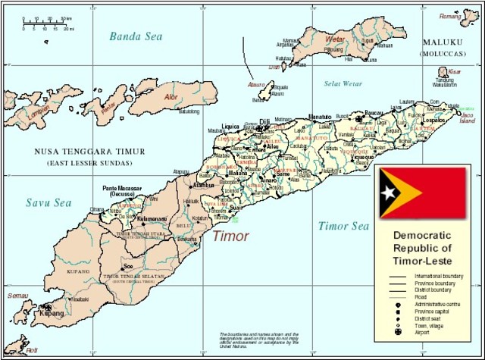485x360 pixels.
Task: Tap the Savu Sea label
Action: pos(48,202)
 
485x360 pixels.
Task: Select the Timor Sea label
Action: pos(343,226)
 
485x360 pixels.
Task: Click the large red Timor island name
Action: pos(230,236)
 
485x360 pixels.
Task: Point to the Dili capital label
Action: pos(265,121)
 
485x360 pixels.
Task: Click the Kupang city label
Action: pos(51,311)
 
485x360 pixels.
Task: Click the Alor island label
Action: pos(175,97)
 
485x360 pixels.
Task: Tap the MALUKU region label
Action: pos(443,42)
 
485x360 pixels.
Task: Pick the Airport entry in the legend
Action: pos(433,330)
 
